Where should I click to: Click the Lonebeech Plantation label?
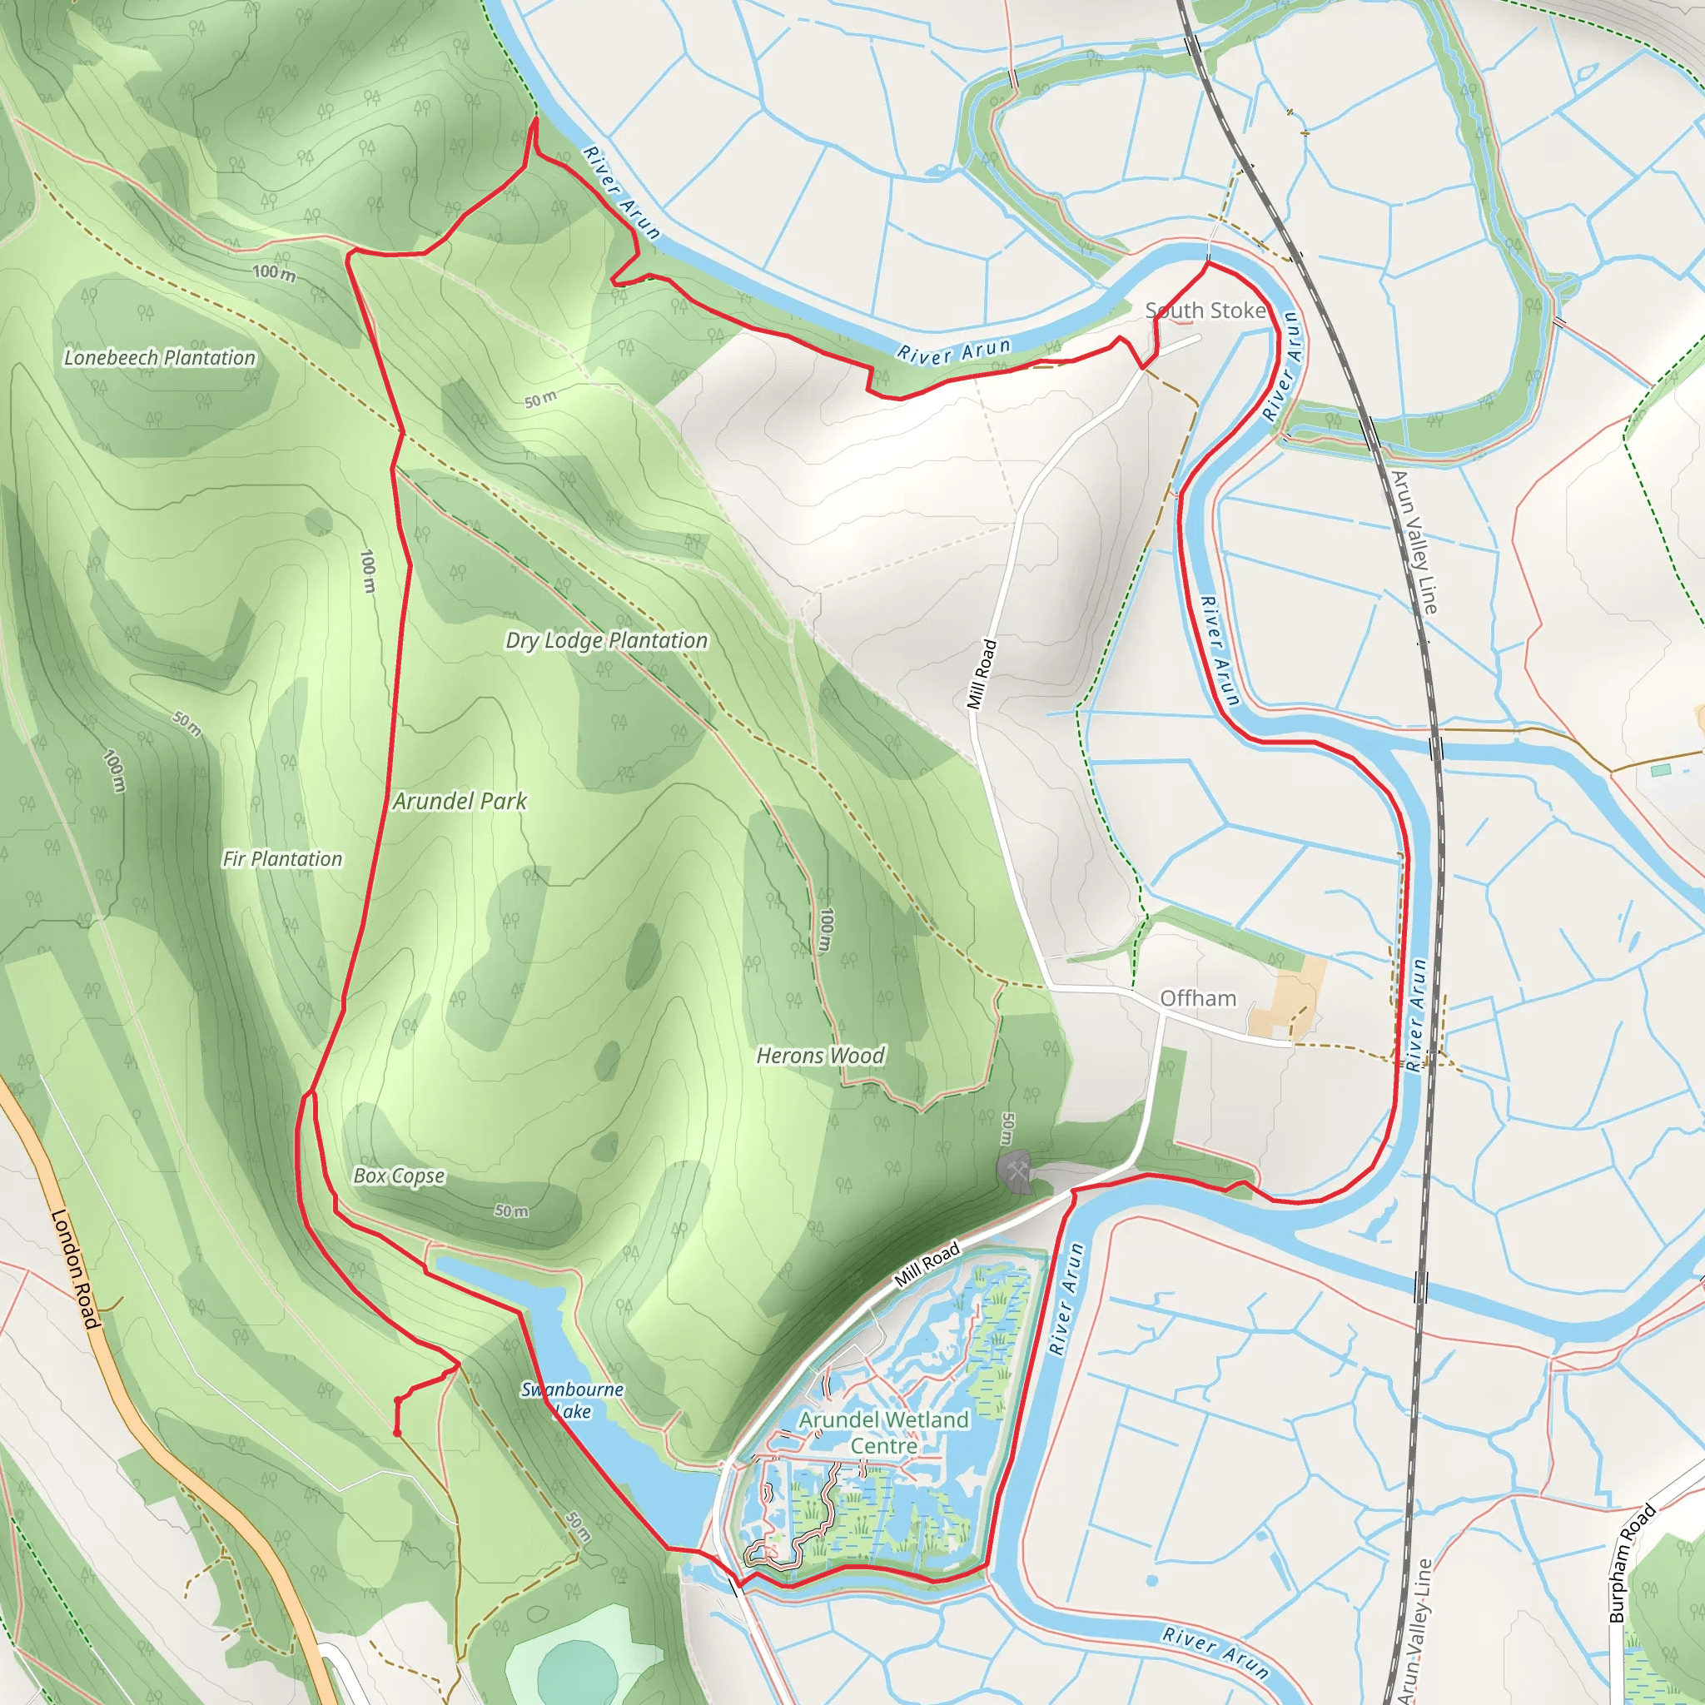[x=160, y=357]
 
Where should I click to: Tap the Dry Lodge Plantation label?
[x=606, y=641]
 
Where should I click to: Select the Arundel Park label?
[x=460, y=802]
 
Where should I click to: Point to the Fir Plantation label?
[x=282, y=858]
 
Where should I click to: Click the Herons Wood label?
[x=821, y=1056]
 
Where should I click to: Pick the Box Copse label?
[x=399, y=1176]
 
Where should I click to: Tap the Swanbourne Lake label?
[x=573, y=1399]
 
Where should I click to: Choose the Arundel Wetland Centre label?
[x=883, y=1432]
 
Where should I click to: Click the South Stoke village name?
[x=1205, y=311]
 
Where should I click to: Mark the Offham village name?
[x=1197, y=998]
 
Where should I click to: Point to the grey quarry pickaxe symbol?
[x=1016, y=1171]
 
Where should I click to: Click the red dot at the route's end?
[x=397, y=1431]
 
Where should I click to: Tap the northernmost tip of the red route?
[x=534, y=119]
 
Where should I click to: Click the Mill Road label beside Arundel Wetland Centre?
[x=927, y=1265]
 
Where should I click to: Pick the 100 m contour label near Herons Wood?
[x=825, y=930]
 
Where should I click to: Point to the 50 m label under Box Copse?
[x=512, y=1210]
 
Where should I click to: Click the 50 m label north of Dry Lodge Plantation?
[x=541, y=400]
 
